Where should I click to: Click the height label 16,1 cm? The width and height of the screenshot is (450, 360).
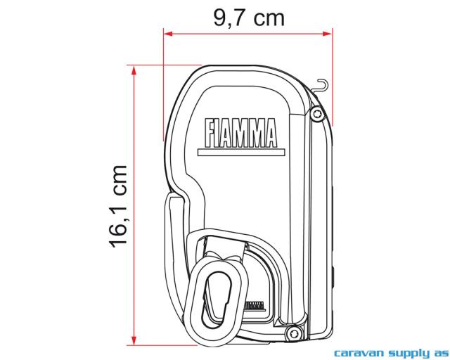tap(118, 206)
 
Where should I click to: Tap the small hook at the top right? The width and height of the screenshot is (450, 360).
tap(321, 86)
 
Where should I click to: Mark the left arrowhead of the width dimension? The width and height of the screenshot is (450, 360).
tap(167, 32)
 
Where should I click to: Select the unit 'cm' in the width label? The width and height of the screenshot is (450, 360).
tap(269, 16)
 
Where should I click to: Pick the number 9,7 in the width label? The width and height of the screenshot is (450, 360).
tap(229, 16)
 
